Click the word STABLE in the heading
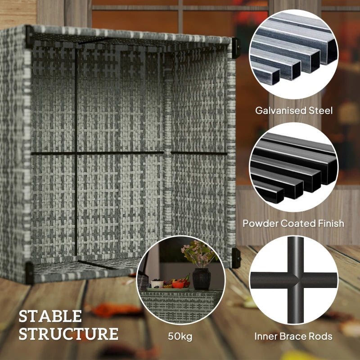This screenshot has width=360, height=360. [50, 316]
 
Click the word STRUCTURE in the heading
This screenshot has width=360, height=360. [68, 334]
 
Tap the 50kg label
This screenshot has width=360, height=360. [180, 337]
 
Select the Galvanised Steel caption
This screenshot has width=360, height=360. [294, 110]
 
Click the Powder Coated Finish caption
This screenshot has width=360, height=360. [293, 223]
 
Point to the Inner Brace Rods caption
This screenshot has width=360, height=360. [293, 336]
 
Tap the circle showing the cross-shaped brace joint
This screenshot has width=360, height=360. [293, 280]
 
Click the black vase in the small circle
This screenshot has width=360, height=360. [201, 278]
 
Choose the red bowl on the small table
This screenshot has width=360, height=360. [179, 284]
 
